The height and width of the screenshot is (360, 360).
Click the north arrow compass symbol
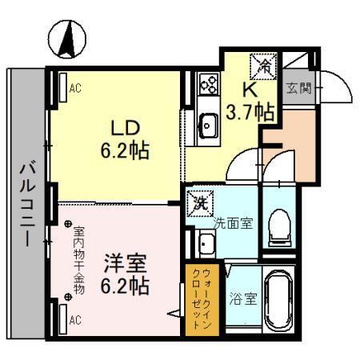point(70,38)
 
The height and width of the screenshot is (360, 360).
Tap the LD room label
point(126,127)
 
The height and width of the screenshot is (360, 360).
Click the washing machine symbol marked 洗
point(199,202)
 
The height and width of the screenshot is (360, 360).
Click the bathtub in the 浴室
point(281,301)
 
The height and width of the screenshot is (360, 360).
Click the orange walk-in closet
point(197,297)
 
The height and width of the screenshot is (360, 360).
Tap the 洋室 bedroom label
point(123,263)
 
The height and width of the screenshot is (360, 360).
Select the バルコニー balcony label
point(26,203)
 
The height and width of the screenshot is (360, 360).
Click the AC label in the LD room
point(76,89)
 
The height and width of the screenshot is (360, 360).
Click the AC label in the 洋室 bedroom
point(76,320)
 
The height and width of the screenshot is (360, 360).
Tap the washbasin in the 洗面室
point(205,243)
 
